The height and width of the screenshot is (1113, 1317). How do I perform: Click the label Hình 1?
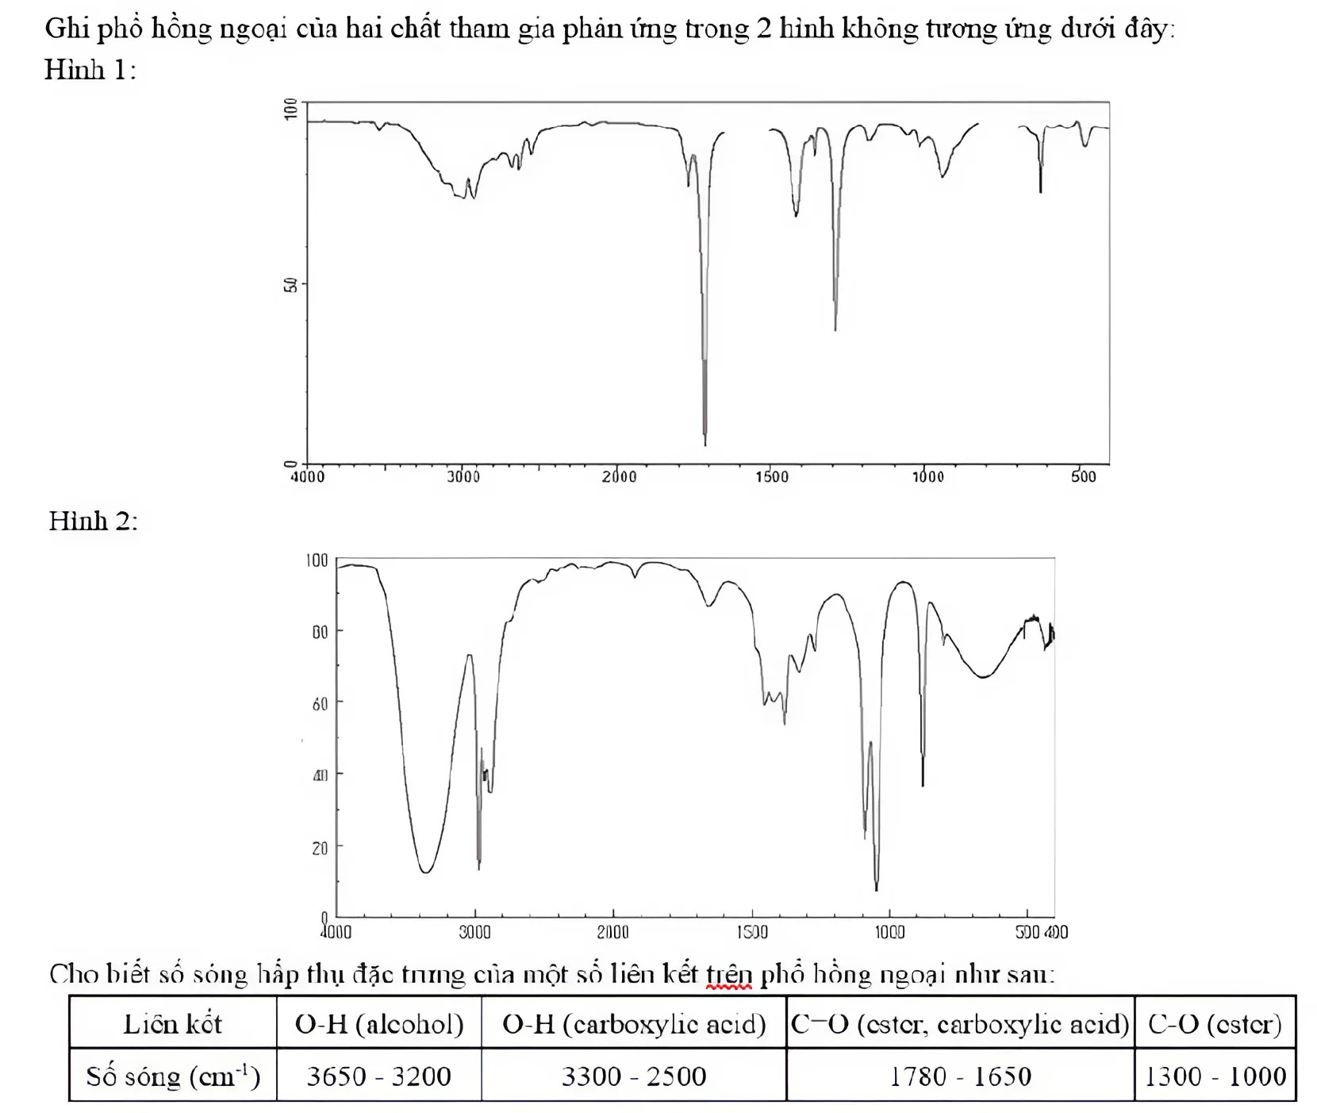tap(90, 71)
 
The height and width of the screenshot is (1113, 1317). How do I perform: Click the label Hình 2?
tap(93, 521)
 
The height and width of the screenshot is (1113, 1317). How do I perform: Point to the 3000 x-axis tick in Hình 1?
tap(463, 476)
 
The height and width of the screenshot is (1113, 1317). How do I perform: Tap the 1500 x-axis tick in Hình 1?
tap(772, 476)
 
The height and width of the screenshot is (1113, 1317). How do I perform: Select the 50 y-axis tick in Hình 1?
tap(290, 284)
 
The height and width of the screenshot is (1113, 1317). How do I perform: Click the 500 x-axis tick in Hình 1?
tap(1083, 476)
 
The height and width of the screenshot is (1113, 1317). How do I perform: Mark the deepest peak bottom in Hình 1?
tap(705, 445)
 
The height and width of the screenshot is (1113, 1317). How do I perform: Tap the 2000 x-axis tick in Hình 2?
tap(613, 932)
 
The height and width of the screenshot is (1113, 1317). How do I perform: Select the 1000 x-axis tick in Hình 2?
tap(889, 932)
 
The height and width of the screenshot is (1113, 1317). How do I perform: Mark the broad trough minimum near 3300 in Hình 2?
tap(425, 872)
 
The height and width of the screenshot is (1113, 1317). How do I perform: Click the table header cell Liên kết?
tap(173, 1022)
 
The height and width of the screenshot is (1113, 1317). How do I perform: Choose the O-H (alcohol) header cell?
tap(379, 1022)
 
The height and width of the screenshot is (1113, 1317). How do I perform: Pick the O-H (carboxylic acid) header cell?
tap(634, 1022)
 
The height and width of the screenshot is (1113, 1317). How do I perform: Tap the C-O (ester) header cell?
tap(1215, 1022)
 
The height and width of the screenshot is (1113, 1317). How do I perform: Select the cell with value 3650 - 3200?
tap(379, 1076)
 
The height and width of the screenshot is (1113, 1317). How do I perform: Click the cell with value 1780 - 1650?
tap(961, 1076)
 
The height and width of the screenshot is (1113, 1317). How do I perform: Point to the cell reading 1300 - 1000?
tap(1215, 1076)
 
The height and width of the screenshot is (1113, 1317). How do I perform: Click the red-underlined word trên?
tap(729, 975)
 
